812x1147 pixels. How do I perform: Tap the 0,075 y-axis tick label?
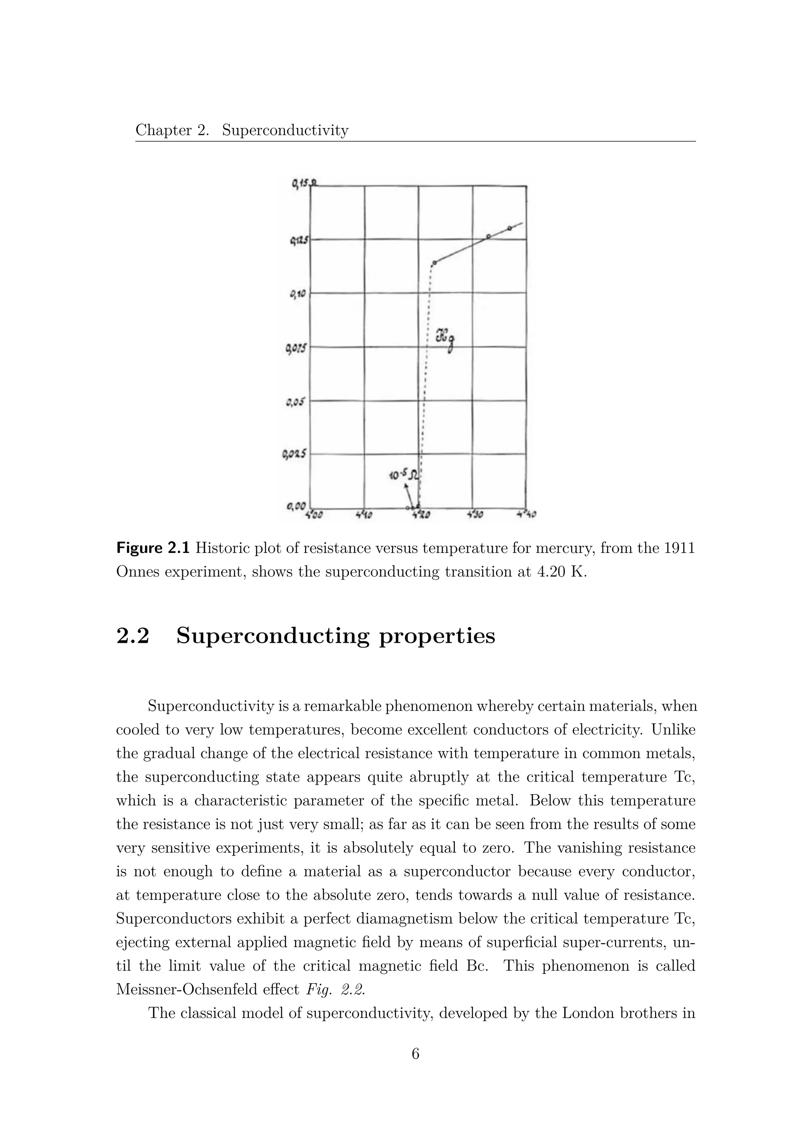point(296,348)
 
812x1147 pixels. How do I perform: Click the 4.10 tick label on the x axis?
point(364,514)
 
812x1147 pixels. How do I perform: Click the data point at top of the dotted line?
point(435,262)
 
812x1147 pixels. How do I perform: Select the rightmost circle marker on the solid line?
point(509,228)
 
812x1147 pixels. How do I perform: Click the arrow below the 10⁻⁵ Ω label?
point(410,495)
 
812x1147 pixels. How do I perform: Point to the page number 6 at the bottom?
point(415,1054)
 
